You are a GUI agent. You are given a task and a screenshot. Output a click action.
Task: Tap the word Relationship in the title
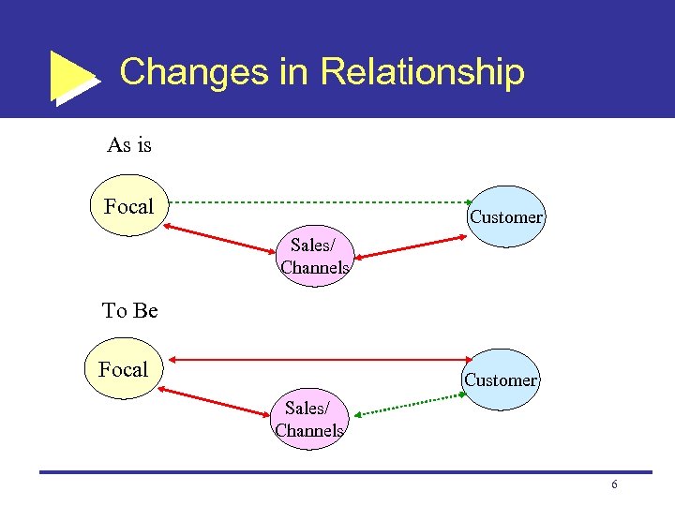coord(422,71)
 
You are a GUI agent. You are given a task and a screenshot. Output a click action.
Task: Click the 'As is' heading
coord(129,145)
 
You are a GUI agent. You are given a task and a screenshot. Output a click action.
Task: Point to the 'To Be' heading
coord(129,310)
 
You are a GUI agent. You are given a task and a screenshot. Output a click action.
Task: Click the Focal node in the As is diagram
coord(128,206)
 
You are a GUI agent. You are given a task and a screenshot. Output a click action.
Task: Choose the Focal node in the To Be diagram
coord(124,369)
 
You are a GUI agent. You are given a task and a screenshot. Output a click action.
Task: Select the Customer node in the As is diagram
coord(506,217)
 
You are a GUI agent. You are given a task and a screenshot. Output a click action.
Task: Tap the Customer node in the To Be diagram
coord(501,380)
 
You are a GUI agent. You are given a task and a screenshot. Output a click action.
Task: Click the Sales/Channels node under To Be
coord(309,420)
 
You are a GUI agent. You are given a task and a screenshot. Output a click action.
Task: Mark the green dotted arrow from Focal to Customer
coord(319,201)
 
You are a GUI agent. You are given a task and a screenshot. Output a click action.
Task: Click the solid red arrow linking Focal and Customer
coord(319,359)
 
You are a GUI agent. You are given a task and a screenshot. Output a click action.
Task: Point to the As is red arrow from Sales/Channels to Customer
coord(411,246)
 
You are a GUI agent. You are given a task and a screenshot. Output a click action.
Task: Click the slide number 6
coord(614,484)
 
